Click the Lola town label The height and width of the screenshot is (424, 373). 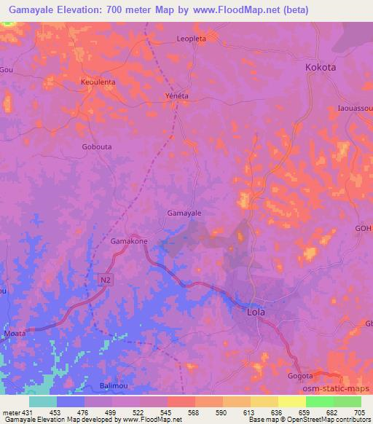pos(254,313)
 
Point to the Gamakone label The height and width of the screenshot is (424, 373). pos(129,241)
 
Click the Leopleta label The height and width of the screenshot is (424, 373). pos(192,39)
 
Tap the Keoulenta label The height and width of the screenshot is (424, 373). pos(98,82)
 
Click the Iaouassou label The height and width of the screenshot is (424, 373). pos(355,108)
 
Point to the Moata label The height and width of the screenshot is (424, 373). pos(14,333)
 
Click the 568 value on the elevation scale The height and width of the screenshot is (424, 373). pos(194,412)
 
